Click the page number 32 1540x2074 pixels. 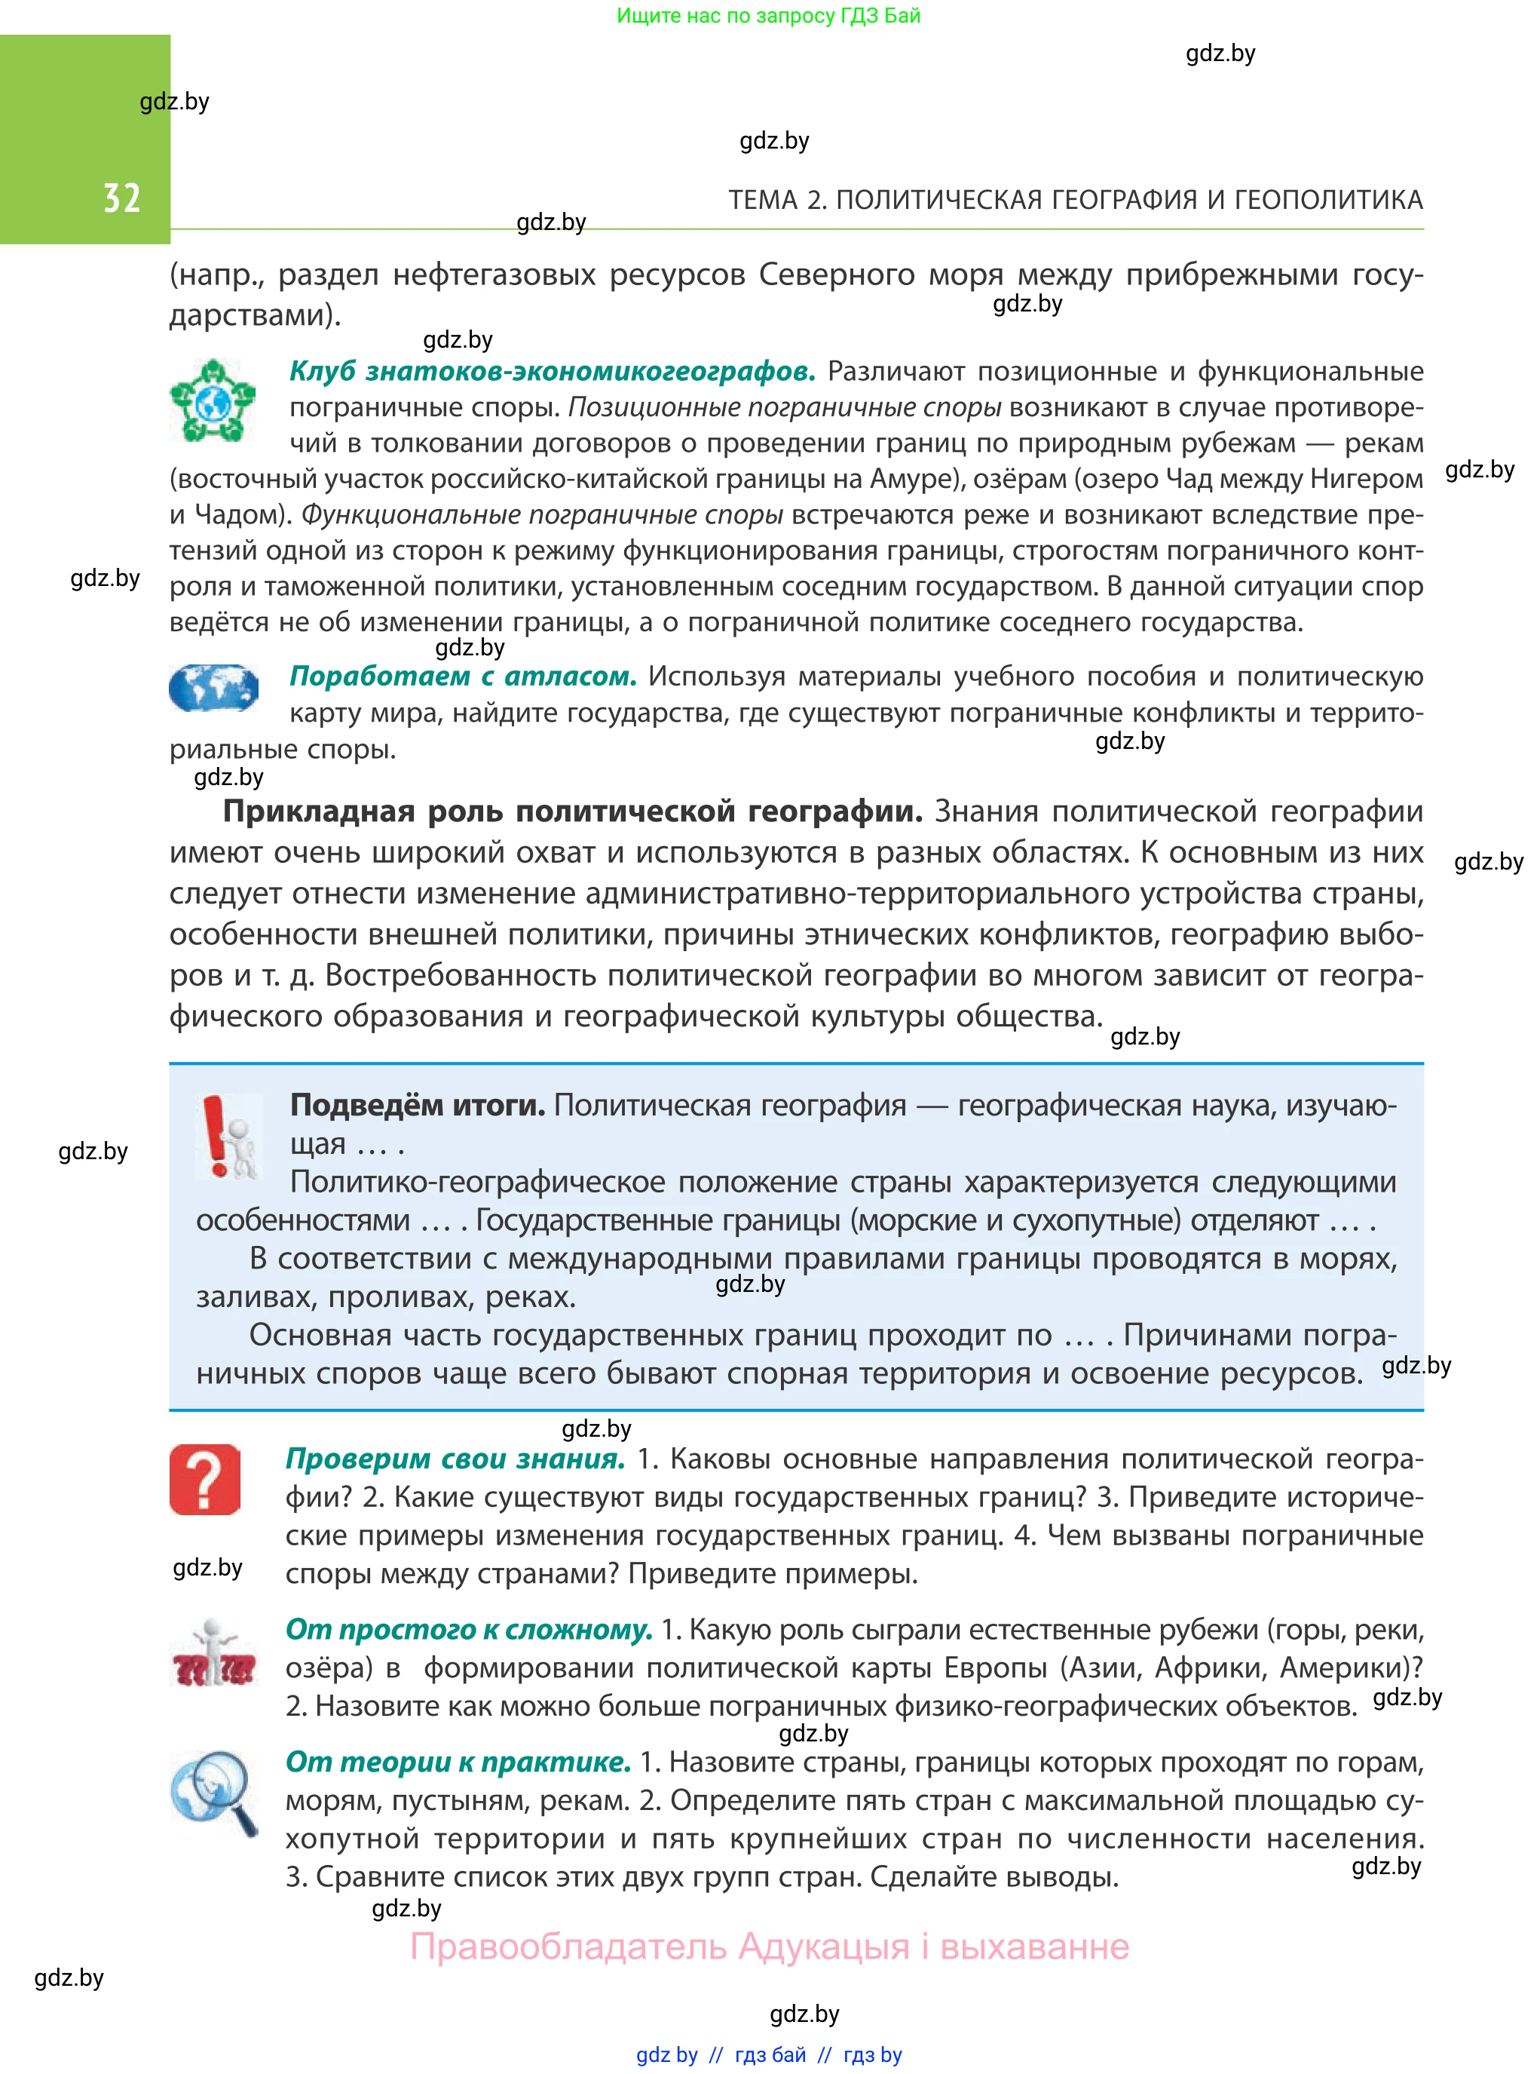click(x=121, y=198)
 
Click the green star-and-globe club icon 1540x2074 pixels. click(x=213, y=401)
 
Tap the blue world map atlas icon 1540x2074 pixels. click(x=213, y=689)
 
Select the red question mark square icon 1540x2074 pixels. click(x=205, y=1480)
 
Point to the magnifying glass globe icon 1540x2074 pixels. click(x=213, y=1791)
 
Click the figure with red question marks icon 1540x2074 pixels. click(x=213, y=1653)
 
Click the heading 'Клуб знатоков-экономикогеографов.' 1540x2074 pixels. click(x=552, y=371)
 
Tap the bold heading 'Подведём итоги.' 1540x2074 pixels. click(x=417, y=1105)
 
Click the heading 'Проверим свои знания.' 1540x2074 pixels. click(x=455, y=1459)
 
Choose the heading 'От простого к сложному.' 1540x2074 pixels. click(x=468, y=1629)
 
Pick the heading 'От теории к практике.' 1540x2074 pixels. click(x=458, y=1762)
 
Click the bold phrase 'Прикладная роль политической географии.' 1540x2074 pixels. click(x=571, y=811)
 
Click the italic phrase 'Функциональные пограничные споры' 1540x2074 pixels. click(x=542, y=515)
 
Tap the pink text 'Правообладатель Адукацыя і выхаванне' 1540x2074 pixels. click(x=769, y=1947)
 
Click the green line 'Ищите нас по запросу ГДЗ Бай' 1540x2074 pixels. click(x=768, y=16)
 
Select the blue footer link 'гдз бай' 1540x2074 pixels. click(x=770, y=2054)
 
